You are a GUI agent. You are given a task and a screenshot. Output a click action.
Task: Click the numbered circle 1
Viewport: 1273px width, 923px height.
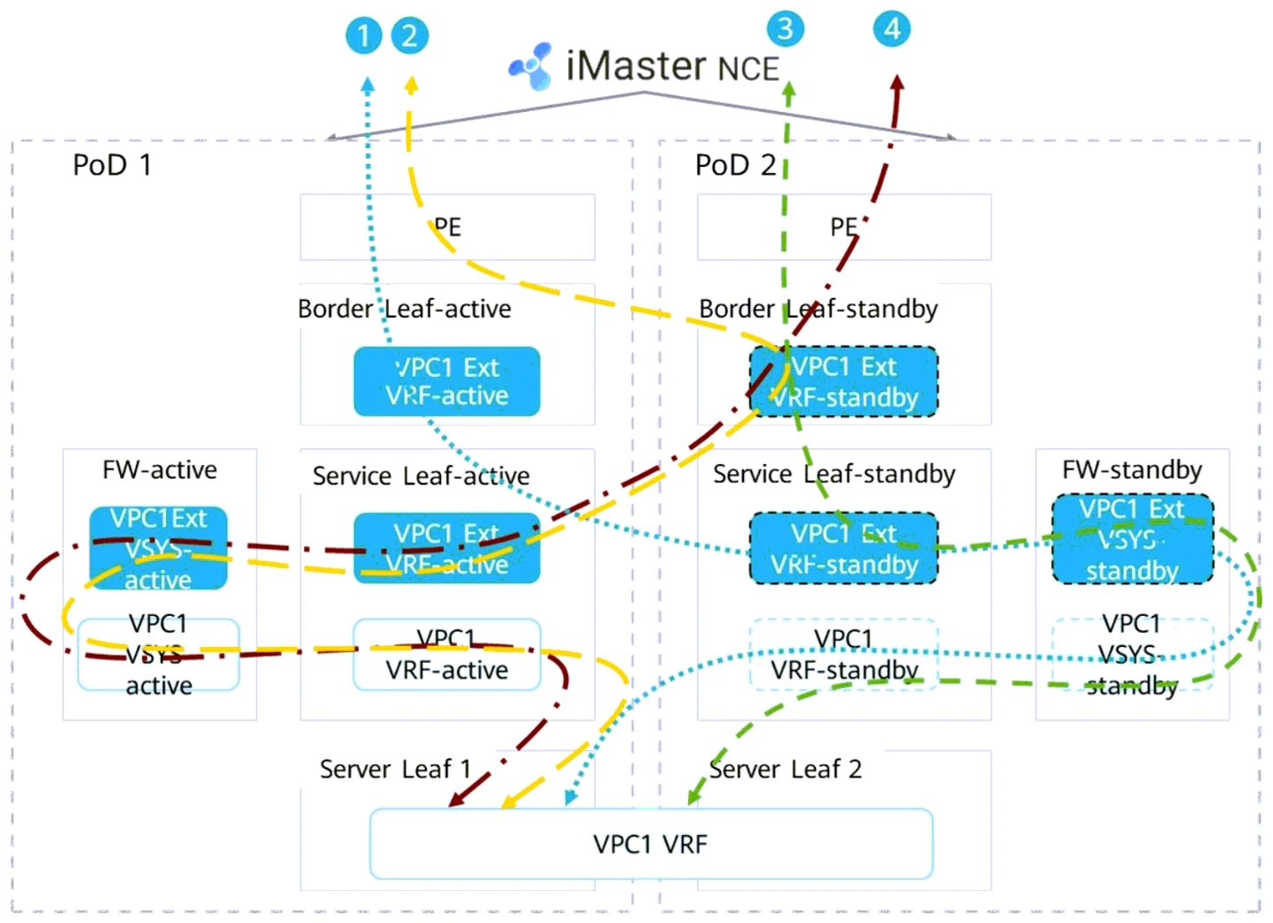(x=363, y=36)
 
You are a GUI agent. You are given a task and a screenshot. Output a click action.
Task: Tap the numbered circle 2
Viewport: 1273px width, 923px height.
(x=409, y=35)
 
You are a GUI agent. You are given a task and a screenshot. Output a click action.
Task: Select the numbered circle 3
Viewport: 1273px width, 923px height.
(x=786, y=28)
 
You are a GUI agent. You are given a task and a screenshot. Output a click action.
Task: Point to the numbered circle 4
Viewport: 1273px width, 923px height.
(x=892, y=28)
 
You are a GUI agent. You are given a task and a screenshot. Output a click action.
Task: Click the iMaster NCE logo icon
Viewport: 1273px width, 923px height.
(x=531, y=66)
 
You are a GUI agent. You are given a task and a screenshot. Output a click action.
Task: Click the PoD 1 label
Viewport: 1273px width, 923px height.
(x=112, y=165)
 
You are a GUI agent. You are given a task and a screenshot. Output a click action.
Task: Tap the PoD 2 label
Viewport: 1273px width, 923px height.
(x=735, y=165)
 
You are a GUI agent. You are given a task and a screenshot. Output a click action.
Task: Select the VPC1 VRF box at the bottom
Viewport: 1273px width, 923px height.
(x=651, y=844)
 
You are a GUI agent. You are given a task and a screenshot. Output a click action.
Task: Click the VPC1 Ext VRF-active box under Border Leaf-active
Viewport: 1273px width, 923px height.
(x=447, y=382)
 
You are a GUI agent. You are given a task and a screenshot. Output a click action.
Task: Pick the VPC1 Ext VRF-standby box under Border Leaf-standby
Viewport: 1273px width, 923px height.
(x=843, y=382)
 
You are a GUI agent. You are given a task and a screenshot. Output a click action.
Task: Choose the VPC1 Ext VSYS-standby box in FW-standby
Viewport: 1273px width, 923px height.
(x=1132, y=539)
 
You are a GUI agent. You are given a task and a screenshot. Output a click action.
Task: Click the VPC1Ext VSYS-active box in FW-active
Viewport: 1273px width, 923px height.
(x=158, y=548)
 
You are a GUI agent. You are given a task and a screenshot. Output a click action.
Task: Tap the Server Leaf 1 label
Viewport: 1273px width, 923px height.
(x=395, y=769)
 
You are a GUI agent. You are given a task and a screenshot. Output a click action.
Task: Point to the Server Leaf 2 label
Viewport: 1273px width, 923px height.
(x=786, y=769)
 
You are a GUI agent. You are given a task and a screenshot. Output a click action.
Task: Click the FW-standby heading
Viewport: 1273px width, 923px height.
(x=1132, y=469)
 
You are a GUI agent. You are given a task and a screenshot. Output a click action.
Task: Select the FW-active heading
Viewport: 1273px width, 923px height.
(x=160, y=469)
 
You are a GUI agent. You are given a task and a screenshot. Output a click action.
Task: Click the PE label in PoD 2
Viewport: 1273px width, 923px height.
(x=843, y=227)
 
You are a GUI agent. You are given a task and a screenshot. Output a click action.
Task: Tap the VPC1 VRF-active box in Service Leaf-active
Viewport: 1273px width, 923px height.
(x=447, y=655)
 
